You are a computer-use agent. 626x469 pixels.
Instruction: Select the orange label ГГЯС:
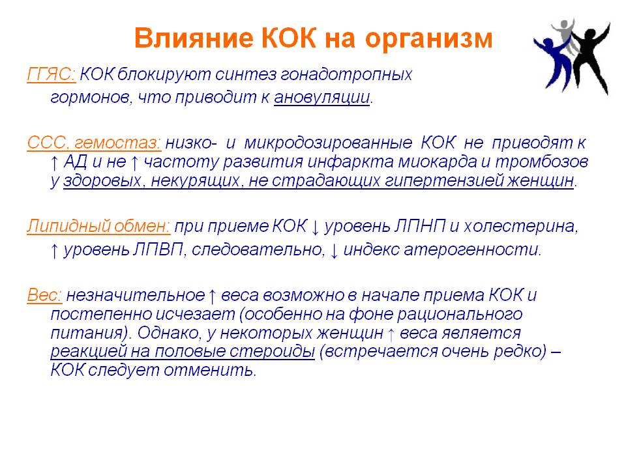tap(51, 74)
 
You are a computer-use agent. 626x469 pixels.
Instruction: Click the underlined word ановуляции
tap(321, 98)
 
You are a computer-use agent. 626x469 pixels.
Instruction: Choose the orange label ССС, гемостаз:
tap(94, 143)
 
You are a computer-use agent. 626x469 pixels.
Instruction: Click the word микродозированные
tap(328, 143)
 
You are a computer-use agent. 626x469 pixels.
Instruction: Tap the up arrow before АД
tap(55, 163)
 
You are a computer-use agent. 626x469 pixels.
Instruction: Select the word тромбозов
tap(542, 162)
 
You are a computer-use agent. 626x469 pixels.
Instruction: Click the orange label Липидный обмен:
tap(98, 226)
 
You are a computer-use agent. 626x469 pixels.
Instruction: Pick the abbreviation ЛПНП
tap(419, 227)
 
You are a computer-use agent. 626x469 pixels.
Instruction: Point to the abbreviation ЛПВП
tap(157, 250)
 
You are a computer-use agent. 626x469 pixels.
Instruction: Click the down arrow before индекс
tap(334, 251)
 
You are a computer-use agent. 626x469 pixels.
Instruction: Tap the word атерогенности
tap(473, 250)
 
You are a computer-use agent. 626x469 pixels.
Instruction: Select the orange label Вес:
tap(44, 296)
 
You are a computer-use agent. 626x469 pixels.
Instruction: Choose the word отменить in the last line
tap(209, 371)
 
